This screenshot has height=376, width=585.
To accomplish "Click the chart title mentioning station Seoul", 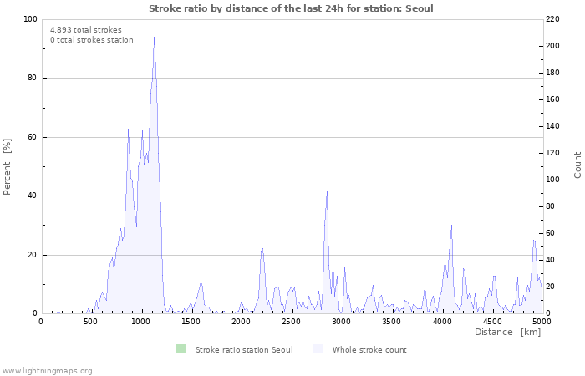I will (x=291, y=8).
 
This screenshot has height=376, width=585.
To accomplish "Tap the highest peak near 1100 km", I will (x=154, y=38).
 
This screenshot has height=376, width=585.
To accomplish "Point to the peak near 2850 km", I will (x=327, y=191).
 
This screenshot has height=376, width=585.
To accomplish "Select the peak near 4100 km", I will (x=451, y=225).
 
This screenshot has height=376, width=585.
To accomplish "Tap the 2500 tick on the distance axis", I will (x=291, y=322).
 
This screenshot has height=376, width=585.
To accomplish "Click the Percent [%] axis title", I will (x=8, y=166).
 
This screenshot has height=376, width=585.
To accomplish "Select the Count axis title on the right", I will (x=577, y=165).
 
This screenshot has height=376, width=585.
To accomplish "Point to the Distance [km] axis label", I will (x=507, y=333).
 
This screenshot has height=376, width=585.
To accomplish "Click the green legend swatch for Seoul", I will (x=181, y=349).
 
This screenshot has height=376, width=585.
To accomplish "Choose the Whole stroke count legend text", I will (x=369, y=350).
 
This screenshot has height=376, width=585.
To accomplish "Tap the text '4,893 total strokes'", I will (x=86, y=29).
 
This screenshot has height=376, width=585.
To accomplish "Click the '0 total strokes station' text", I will (x=92, y=40).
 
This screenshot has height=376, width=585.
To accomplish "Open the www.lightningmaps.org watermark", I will (x=47, y=370).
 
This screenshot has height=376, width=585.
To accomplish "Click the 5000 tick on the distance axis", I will (x=542, y=322).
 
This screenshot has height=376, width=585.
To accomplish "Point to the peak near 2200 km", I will (x=262, y=248).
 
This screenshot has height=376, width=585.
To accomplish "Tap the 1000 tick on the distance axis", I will (x=140, y=322).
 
